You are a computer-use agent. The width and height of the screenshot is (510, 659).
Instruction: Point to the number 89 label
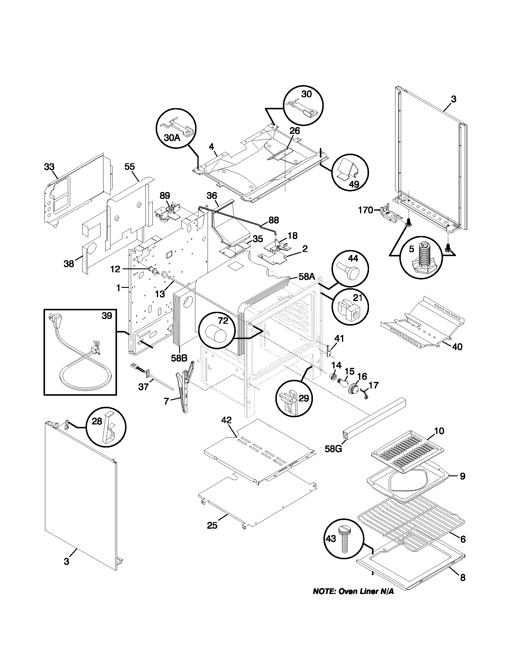pos(165,196)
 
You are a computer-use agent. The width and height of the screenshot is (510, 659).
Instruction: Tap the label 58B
pos(179,358)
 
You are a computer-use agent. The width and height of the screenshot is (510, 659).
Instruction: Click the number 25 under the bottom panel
pos(212,525)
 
